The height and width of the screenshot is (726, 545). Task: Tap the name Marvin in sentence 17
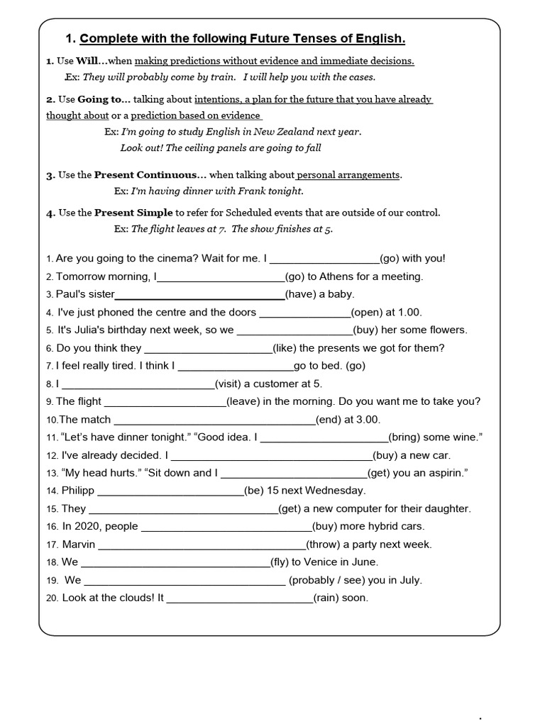coord(79,544)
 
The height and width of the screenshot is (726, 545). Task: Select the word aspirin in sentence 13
coord(445,473)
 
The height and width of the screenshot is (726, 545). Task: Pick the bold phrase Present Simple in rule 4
coord(133,213)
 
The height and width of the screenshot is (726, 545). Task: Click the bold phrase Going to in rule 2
coord(103,99)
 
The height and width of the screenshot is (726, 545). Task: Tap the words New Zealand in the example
coord(284,131)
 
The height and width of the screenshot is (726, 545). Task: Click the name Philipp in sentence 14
coord(78,491)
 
